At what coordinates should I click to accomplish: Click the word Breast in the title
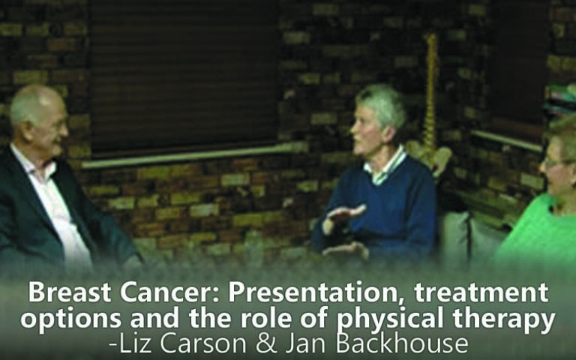[70, 292]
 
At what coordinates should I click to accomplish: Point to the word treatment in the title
[481, 292]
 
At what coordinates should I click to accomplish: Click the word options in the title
[71, 319]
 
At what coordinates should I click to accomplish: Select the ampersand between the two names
[266, 343]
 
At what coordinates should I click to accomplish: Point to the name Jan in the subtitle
[306, 343]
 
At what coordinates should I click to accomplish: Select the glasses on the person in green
[556, 162]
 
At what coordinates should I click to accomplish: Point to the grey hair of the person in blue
[382, 105]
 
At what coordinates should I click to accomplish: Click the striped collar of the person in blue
[385, 167]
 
